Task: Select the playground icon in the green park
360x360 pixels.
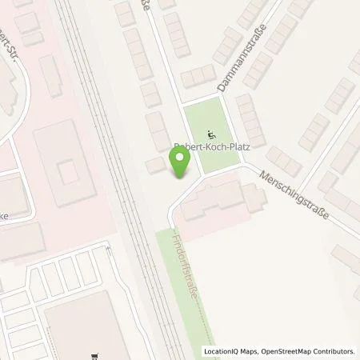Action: coord(211,134)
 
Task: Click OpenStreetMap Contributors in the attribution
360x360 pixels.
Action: coord(306,351)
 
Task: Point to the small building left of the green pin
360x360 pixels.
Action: coord(154,166)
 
